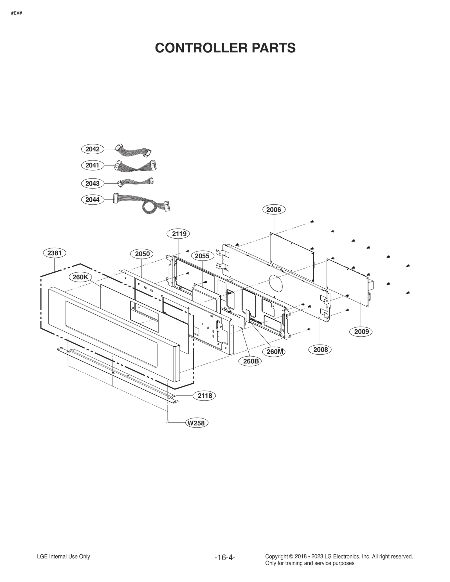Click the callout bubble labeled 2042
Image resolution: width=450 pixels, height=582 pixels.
point(92,149)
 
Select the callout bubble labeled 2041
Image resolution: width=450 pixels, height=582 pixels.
point(92,165)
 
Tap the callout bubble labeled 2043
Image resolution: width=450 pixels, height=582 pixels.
point(92,184)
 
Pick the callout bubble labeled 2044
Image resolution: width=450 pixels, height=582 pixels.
point(92,200)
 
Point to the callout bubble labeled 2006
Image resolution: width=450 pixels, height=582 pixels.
point(274,210)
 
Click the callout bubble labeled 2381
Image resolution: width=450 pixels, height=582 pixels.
point(54,253)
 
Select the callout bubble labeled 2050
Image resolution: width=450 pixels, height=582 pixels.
point(142,254)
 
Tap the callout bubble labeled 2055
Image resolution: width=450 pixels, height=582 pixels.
point(202,256)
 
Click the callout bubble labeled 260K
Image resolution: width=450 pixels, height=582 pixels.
point(80,277)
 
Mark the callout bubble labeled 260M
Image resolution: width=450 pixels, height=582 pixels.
point(274,352)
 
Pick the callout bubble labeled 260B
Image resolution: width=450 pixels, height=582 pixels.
point(250,361)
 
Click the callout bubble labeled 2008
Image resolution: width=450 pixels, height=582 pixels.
point(320,350)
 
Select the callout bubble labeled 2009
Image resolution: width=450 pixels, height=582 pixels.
point(361,332)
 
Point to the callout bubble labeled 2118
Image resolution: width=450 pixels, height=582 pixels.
point(204,396)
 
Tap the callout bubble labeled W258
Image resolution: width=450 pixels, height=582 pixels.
point(197,423)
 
